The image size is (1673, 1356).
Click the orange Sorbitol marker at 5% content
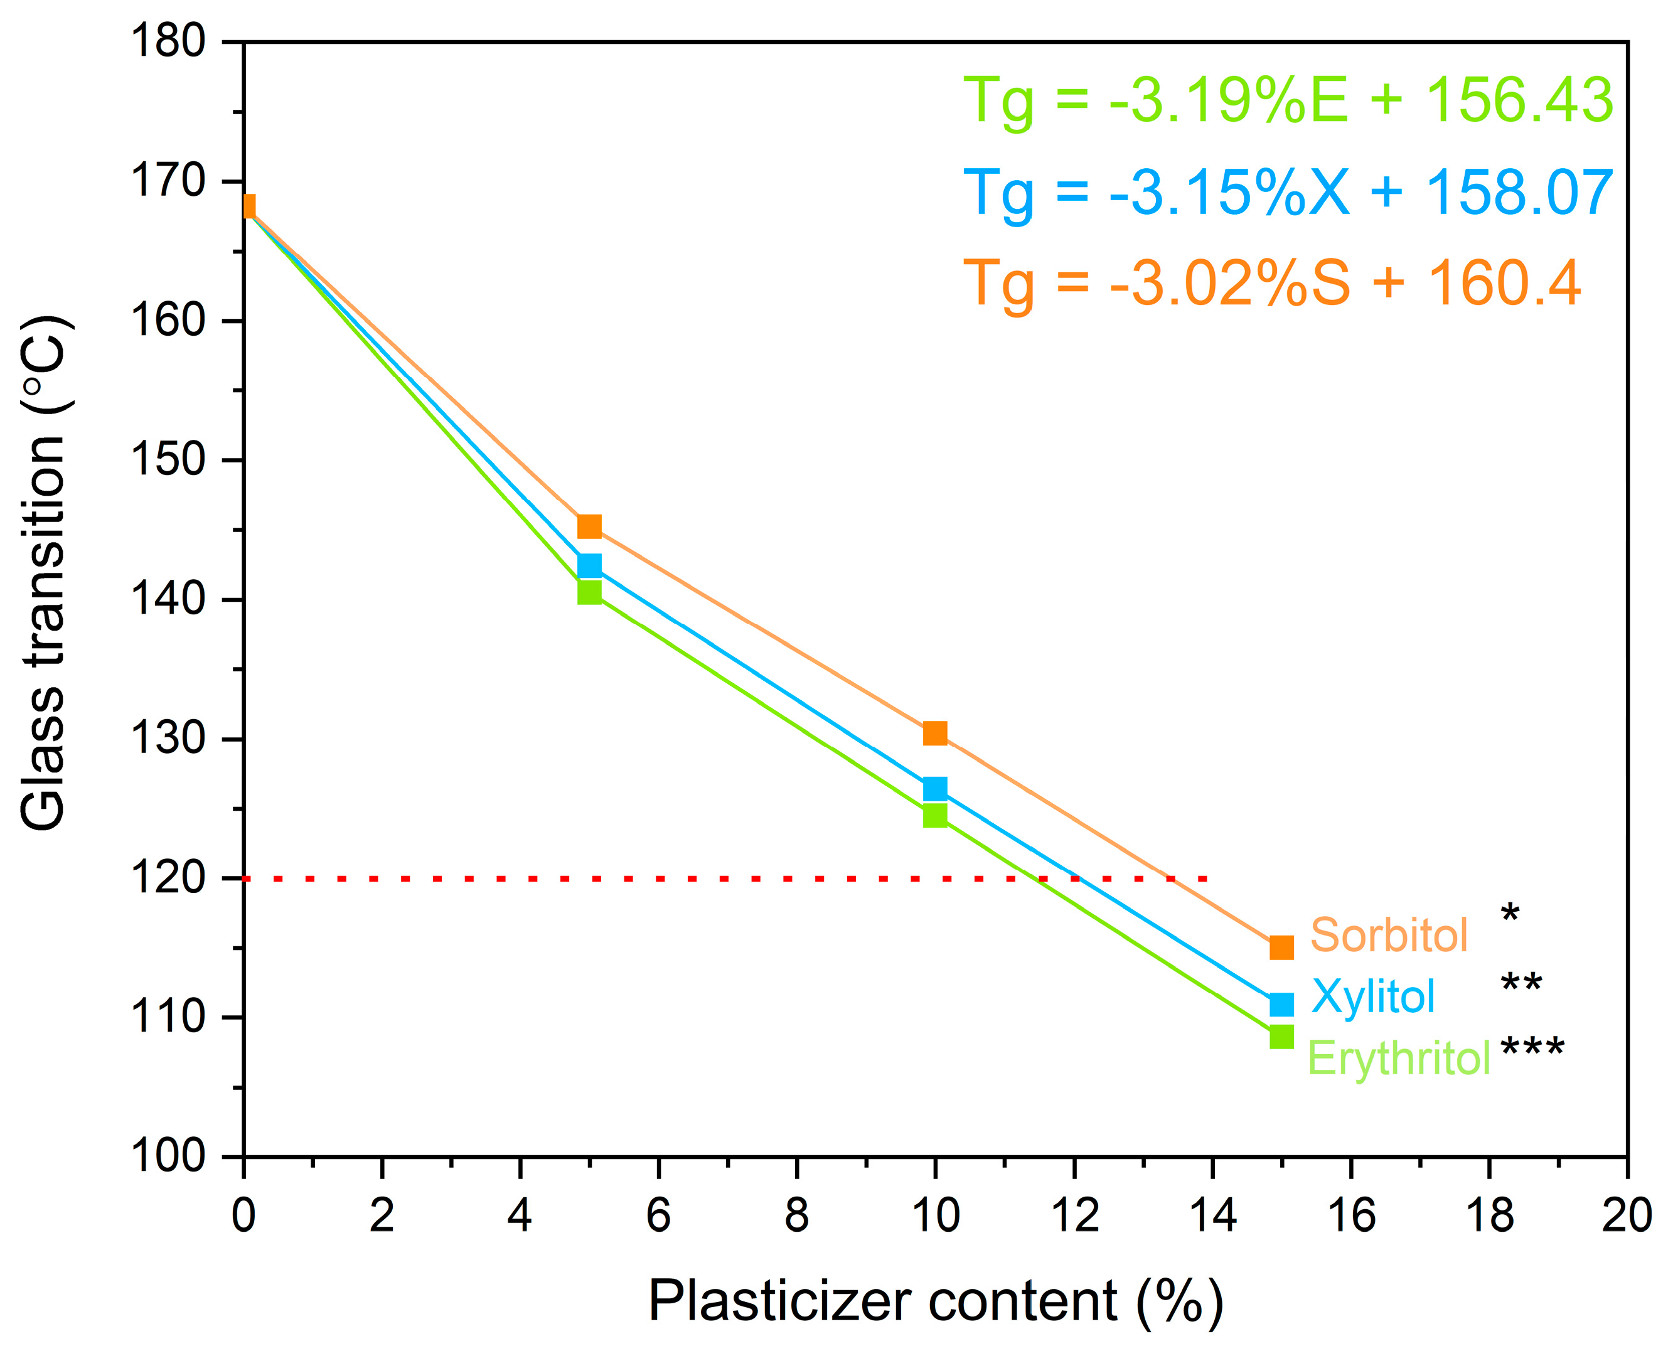click(589, 526)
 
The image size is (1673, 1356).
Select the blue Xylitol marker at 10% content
click(935, 789)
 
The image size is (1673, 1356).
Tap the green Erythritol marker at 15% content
click(1281, 1037)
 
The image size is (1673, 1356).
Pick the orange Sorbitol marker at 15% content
click(1281, 948)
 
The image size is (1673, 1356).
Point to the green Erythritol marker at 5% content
click(589, 592)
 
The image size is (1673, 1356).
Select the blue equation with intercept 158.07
click(1288, 193)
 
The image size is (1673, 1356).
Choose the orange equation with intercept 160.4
click(1271, 284)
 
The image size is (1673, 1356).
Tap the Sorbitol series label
click(1389, 935)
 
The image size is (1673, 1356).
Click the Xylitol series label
click(1373, 996)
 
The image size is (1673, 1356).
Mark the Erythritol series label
click(1399, 1059)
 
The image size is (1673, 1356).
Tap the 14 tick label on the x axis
click(1212, 1216)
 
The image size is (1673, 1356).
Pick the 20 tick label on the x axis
click(1626, 1216)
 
